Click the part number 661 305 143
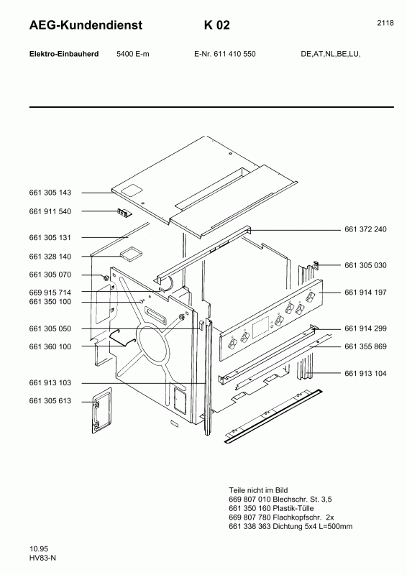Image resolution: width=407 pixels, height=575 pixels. [50, 193]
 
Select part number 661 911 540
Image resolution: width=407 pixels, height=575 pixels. [50, 211]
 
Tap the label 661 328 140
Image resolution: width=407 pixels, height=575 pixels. [50, 256]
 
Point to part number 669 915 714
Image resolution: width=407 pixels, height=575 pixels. [50, 293]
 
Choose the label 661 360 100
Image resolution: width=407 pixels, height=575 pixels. [50, 346]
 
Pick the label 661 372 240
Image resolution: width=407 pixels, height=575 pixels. [366, 229]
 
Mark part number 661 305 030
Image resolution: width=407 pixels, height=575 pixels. [366, 265]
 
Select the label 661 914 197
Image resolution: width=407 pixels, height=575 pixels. [366, 293]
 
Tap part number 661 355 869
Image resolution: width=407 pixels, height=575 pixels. [366, 346]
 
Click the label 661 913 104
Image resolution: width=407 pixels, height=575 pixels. [366, 373]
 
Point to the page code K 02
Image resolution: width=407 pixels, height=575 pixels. [216, 26]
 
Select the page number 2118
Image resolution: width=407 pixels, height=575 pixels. [385, 23]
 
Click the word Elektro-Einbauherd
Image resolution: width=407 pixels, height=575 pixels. [59, 54]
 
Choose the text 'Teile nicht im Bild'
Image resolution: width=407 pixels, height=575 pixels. [257, 488]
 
